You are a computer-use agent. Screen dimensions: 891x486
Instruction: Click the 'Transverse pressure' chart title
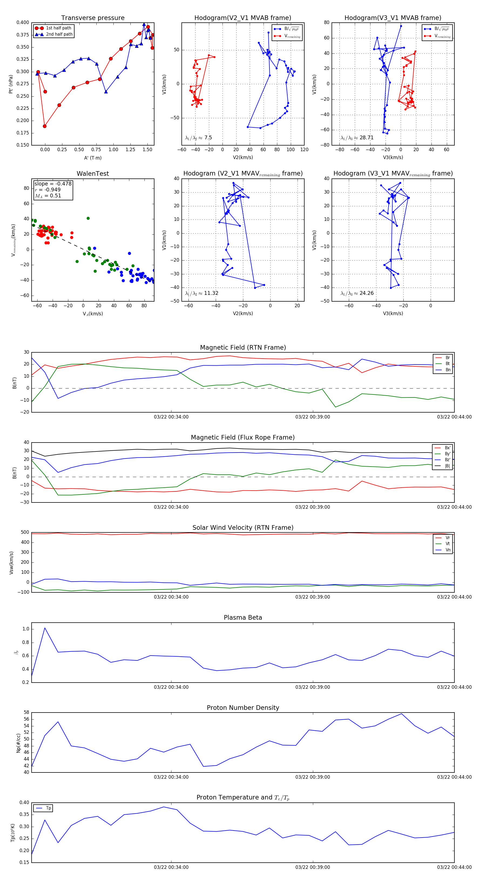[93, 18]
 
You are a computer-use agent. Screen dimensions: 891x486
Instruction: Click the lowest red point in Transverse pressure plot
[45, 126]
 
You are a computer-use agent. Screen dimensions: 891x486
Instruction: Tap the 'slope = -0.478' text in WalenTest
[53, 184]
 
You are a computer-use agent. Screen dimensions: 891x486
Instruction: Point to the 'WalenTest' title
[93, 174]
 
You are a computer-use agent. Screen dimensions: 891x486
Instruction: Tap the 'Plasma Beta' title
[243, 617]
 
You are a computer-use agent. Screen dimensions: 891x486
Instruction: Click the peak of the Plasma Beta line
[45, 628]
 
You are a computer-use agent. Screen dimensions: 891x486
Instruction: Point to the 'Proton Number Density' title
[243, 707]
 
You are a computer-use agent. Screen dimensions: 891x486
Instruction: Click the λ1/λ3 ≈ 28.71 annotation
[357, 138]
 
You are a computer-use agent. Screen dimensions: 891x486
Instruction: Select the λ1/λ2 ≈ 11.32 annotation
[202, 293]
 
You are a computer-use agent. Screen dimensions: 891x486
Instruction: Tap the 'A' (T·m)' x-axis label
[93, 158]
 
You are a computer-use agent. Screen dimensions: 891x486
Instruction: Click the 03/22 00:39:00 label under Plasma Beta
[312, 687]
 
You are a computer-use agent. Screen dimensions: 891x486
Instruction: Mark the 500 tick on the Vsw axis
[25, 532]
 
